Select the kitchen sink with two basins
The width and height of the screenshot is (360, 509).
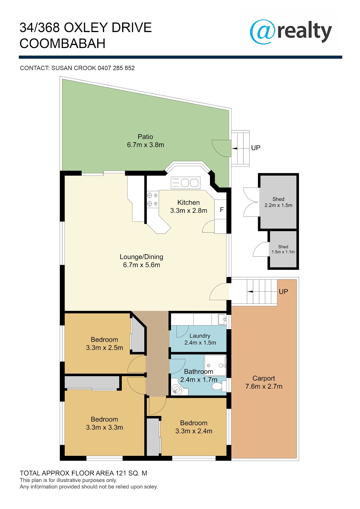186,183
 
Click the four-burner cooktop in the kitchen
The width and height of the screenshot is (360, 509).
152,199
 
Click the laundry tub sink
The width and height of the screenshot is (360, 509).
222,319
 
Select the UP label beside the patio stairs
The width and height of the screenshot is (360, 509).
256,148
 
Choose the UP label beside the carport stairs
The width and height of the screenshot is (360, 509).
283,291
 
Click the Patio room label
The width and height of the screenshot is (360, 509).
145,137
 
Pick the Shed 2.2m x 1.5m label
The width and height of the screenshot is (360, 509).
278,202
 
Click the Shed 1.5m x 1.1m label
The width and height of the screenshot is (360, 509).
283,249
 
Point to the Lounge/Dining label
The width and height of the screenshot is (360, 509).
142,257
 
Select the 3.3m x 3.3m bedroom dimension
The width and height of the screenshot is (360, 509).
104,427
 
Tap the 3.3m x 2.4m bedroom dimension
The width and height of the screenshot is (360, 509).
194,431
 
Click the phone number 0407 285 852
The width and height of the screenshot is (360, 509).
116,68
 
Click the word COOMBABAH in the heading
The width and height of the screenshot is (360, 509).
62,44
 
